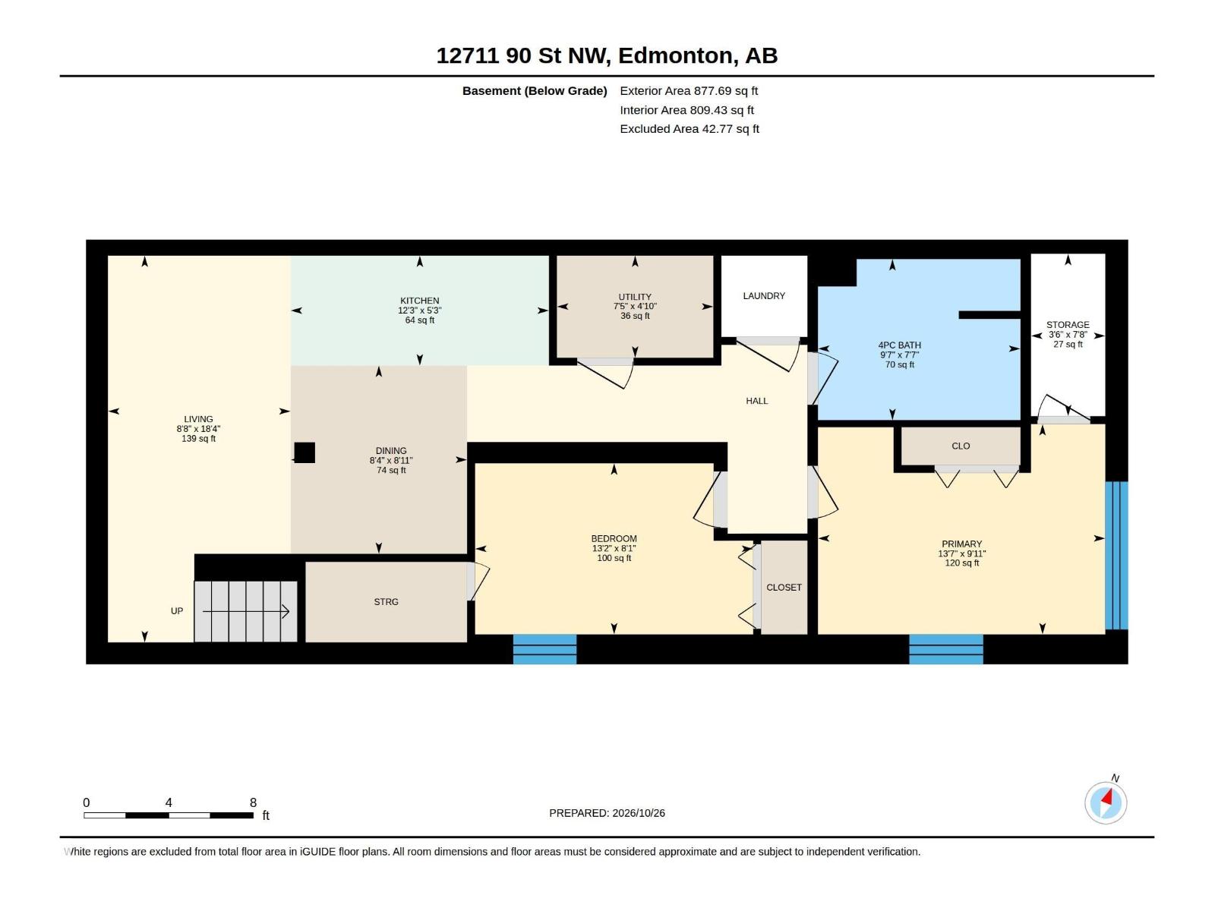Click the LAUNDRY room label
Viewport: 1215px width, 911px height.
click(764, 296)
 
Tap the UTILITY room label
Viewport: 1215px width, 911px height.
click(635, 297)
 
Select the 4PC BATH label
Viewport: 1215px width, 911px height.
click(900, 345)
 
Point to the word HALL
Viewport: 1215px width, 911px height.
click(756, 401)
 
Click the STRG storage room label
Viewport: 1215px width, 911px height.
click(386, 602)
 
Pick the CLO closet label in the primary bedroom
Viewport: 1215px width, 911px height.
click(961, 446)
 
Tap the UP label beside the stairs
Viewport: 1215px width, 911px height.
click(177, 611)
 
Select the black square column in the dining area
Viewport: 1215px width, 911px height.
click(305, 452)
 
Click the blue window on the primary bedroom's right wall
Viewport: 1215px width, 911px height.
click(1116, 556)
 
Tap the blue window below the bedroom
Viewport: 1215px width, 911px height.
click(544, 649)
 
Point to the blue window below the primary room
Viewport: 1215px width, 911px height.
click(946, 649)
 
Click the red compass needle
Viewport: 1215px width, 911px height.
click(1108, 798)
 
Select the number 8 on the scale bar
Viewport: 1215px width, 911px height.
click(253, 802)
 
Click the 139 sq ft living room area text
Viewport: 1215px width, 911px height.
click(198, 439)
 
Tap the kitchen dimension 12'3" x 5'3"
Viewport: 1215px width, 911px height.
click(420, 310)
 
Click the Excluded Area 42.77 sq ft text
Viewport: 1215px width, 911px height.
click(690, 129)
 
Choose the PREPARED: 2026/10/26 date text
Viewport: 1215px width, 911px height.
click(607, 813)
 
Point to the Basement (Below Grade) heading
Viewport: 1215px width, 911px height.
click(535, 91)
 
